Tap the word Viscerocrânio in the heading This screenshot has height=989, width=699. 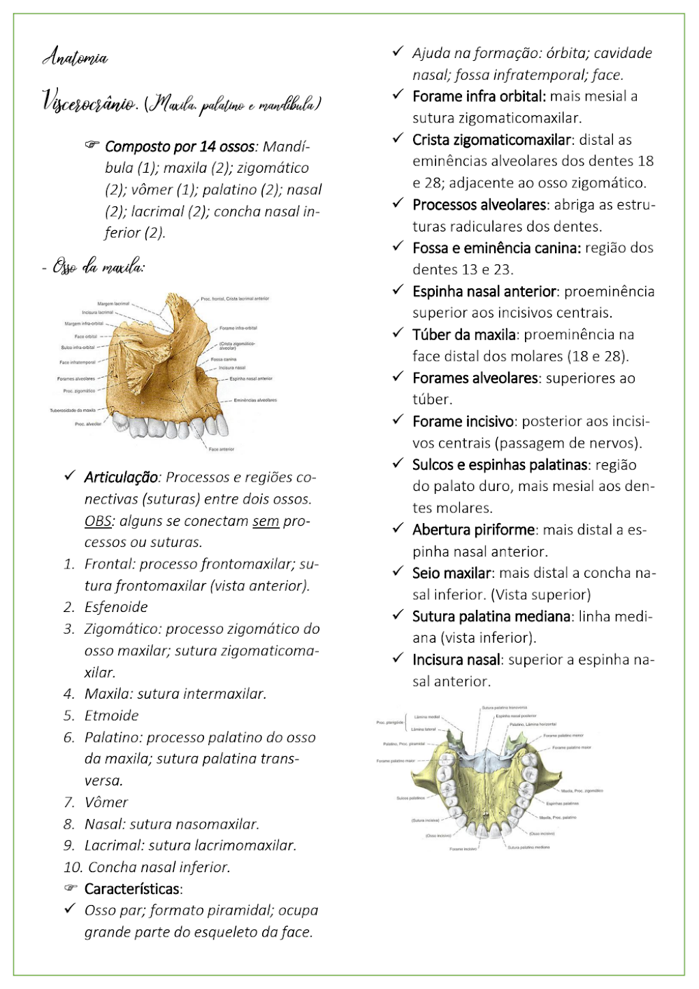click(89, 103)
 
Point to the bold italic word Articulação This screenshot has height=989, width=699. click(121, 478)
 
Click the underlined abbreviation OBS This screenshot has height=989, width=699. click(98, 521)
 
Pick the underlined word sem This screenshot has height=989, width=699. click(266, 521)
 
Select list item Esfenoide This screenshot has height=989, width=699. click(116, 607)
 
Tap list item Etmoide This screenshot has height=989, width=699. click(112, 716)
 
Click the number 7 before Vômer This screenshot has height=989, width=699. click(69, 802)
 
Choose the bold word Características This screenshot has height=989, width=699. click(132, 889)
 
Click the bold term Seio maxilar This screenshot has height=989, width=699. click(452, 574)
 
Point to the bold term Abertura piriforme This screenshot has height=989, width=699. click(474, 530)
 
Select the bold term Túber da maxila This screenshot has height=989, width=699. click(464, 335)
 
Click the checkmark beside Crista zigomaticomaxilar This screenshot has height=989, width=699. click(398, 138)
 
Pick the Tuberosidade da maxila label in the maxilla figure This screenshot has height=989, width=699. click(73, 411)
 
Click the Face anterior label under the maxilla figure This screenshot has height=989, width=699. click(222, 449)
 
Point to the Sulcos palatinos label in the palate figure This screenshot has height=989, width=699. click(410, 798)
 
